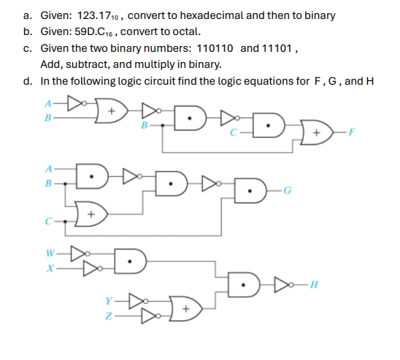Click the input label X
coord(50,268)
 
